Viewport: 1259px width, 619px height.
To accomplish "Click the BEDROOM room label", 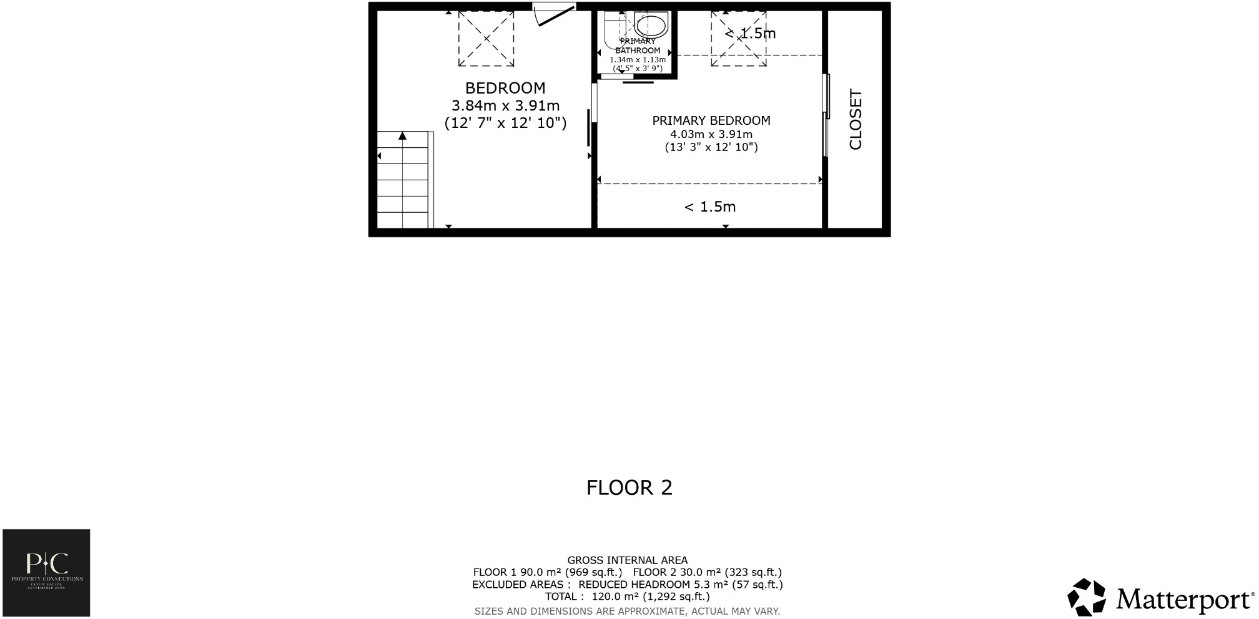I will [505, 88].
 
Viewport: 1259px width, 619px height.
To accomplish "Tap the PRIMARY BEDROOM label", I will [711, 120].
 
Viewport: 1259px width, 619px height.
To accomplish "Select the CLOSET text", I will [855, 119].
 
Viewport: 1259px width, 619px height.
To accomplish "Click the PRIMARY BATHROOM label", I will [638, 46].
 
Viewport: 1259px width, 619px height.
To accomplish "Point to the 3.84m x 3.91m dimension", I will [505, 105].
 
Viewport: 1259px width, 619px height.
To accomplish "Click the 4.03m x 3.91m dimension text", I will [711, 134].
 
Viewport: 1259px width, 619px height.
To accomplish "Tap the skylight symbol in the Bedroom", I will [486, 38].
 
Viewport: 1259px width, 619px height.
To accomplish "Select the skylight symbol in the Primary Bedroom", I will [738, 39].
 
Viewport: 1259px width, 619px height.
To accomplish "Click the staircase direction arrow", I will [403, 135].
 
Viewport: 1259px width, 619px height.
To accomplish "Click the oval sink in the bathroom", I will [651, 27].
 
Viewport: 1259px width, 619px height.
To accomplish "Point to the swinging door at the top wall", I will [555, 16].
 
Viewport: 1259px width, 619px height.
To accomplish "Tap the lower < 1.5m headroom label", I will [710, 207].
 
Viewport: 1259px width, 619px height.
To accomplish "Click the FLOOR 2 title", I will [629, 487].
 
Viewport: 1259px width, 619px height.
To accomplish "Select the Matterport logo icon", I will [1086, 597].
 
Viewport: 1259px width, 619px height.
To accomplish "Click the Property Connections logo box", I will [46, 573].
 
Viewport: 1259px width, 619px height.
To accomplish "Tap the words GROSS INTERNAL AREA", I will [627, 560].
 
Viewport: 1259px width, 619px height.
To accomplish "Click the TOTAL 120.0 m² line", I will [627, 597].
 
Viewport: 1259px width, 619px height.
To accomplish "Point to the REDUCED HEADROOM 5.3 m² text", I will [680, 585].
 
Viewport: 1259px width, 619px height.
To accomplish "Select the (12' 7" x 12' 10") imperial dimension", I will [505, 123].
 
